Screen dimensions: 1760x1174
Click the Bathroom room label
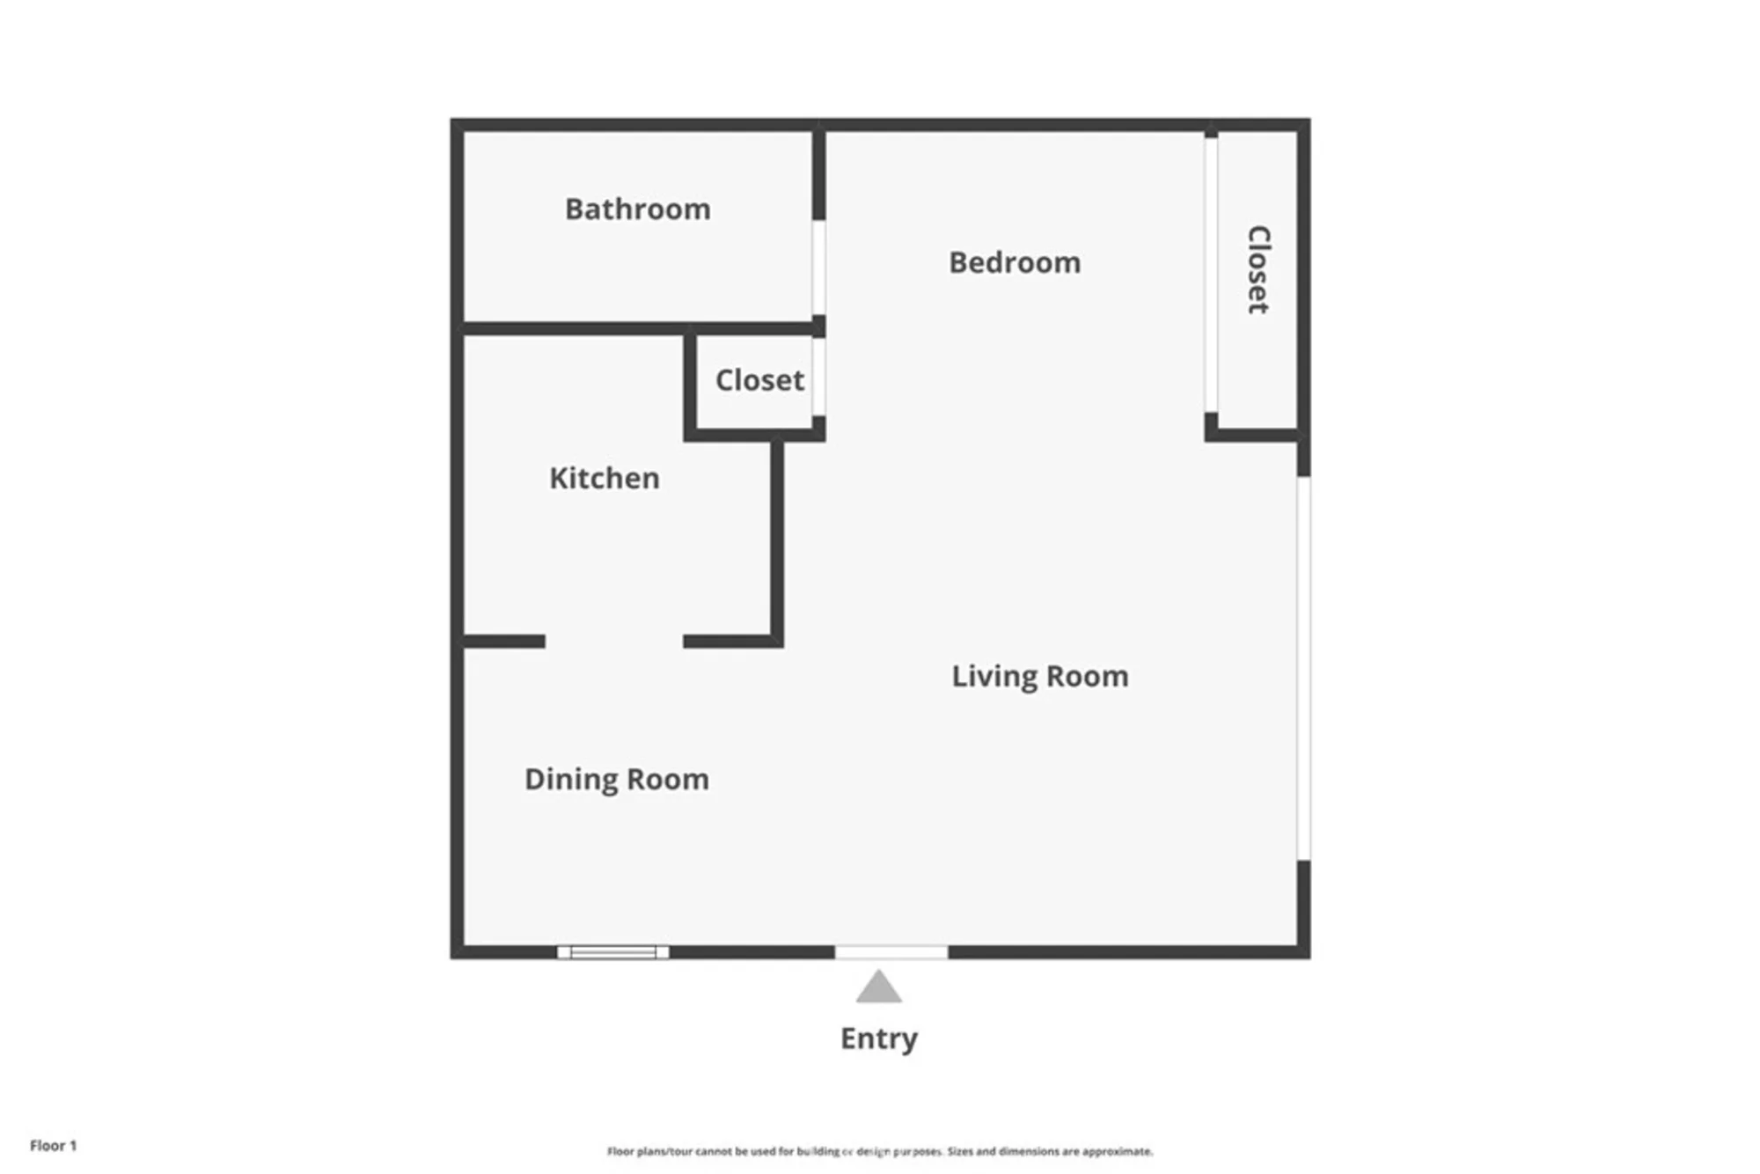(x=637, y=209)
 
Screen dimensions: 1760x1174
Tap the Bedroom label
(x=1015, y=262)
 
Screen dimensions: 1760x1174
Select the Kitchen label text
(x=604, y=478)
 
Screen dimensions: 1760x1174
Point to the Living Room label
(x=1039, y=677)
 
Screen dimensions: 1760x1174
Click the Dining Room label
(x=616, y=780)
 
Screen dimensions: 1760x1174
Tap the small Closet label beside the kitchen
(x=759, y=380)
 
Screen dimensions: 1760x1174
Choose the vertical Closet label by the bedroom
(x=1258, y=269)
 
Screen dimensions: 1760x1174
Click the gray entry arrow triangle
(x=878, y=987)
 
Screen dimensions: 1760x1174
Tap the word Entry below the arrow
(x=878, y=1038)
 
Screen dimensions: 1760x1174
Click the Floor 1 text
(x=53, y=1145)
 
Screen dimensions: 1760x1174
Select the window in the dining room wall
(x=612, y=952)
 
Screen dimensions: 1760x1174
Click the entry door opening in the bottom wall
(x=891, y=952)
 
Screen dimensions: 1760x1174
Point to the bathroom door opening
(x=818, y=268)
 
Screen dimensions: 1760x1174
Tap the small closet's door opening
(x=818, y=377)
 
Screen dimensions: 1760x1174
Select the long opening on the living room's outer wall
(x=1303, y=669)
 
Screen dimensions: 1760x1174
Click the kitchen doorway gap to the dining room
(x=614, y=642)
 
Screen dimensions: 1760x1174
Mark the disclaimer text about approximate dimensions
(x=880, y=1151)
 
